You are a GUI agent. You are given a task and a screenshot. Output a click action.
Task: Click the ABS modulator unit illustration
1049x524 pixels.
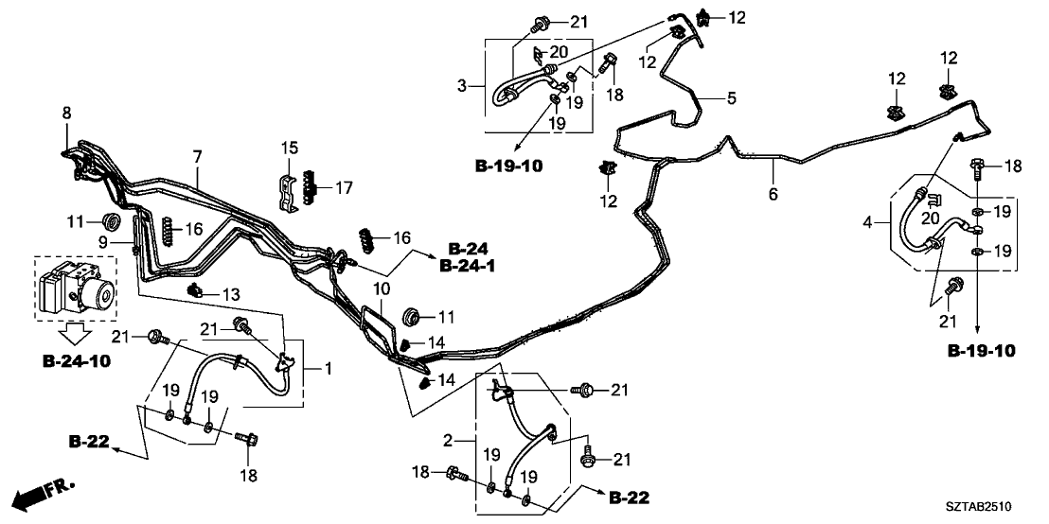(76, 288)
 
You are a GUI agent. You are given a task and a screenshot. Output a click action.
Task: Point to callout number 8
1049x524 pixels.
(66, 114)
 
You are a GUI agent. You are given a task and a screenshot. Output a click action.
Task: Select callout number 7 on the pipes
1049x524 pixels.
(197, 155)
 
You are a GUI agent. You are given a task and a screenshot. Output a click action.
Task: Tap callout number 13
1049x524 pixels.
(229, 295)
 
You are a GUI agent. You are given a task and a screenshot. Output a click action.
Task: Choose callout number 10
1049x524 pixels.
(380, 288)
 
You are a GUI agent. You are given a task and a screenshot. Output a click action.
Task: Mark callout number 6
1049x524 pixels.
(773, 194)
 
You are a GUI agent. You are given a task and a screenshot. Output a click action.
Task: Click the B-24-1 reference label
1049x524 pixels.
(467, 267)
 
